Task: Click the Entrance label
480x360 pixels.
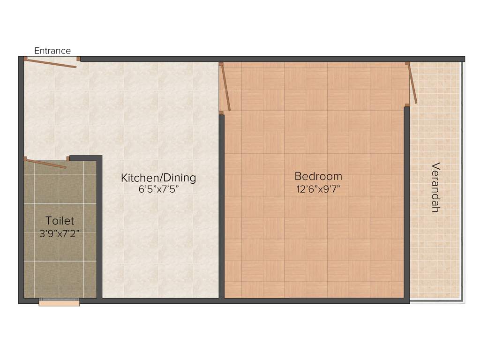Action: (52, 51)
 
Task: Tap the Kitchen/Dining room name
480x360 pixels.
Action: (158, 178)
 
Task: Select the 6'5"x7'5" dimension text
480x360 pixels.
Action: (158, 189)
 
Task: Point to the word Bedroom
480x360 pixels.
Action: (318, 177)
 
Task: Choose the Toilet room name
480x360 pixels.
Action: (60, 220)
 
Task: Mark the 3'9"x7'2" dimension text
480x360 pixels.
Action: (60, 233)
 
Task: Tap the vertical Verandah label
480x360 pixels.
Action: (435, 187)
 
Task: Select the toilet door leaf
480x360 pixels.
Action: (46, 164)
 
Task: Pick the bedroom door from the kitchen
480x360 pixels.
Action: (226, 87)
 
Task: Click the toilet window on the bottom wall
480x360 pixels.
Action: (59, 303)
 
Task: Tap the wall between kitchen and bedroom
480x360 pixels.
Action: (222, 206)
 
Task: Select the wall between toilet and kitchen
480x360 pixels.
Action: (99, 230)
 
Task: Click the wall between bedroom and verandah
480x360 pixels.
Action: (407, 202)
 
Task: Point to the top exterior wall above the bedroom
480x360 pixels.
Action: (314, 59)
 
